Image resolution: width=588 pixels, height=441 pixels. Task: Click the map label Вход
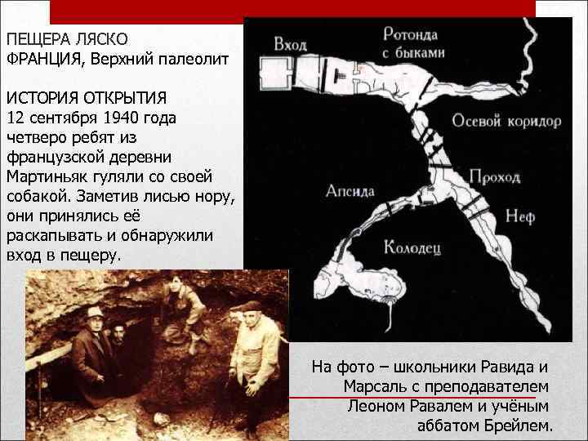pos(290,43)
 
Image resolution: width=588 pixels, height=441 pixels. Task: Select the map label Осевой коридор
pos(506,121)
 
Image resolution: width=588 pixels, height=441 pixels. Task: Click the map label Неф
pos(519,216)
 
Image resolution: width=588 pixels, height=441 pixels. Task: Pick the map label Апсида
pos(350,191)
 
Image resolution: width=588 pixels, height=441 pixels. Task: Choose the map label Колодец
pos(412,246)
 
